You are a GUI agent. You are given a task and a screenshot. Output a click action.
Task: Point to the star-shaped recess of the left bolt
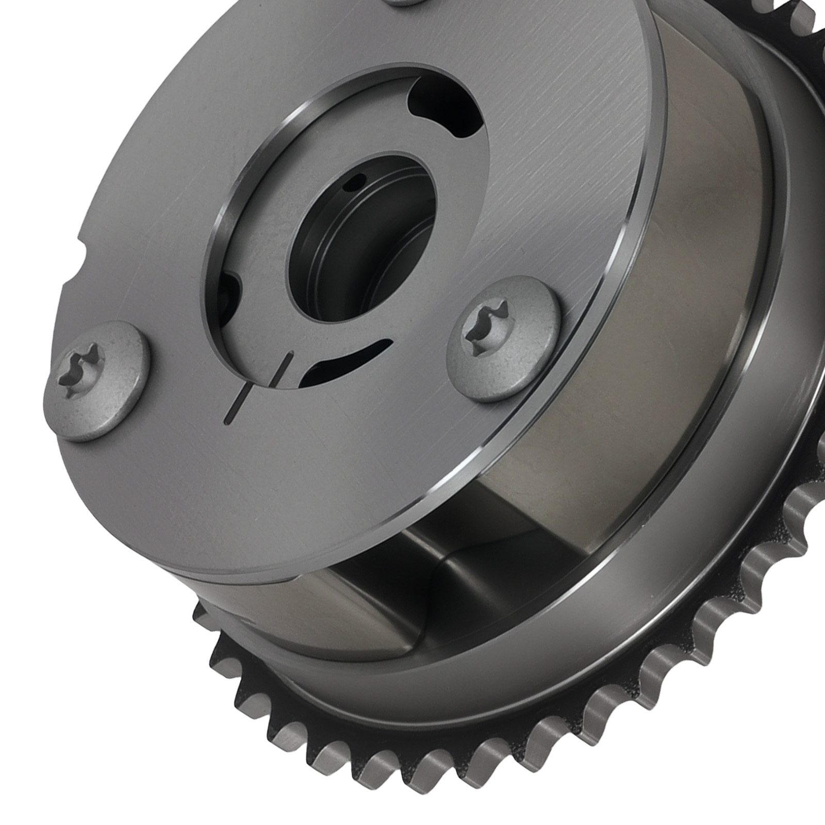coord(83,367)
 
